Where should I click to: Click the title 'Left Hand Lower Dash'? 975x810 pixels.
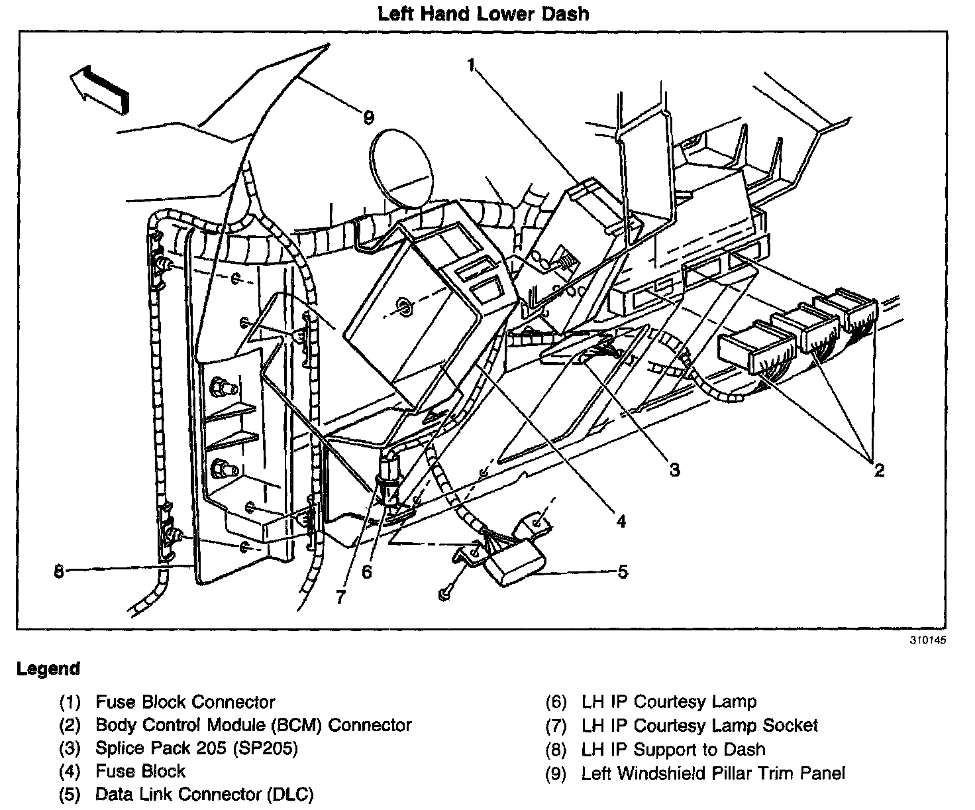pyautogui.click(x=483, y=13)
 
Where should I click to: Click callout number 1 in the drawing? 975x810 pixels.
pyautogui.click(x=472, y=64)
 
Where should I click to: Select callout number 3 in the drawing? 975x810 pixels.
pyautogui.click(x=674, y=470)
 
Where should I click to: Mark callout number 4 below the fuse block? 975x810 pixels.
pyautogui.click(x=621, y=522)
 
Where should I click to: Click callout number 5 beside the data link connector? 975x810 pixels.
pyautogui.click(x=623, y=571)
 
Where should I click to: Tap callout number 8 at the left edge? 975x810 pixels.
pyautogui.click(x=59, y=571)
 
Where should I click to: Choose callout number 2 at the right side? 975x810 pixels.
pyautogui.click(x=879, y=471)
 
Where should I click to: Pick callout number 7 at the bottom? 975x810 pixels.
pyautogui.click(x=340, y=597)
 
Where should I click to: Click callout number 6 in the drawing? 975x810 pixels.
pyautogui.click(x=366, y=571)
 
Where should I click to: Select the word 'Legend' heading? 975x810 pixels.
pyautogui.click(x=48, y=669)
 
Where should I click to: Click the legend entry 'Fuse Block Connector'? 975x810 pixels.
pyautogui.click(x=185, y=702)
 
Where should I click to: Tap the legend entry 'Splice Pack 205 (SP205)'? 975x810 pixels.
pyautogui.click(x=197, y=748)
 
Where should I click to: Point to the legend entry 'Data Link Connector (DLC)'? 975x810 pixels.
pyautogui.click(x=204, y=794)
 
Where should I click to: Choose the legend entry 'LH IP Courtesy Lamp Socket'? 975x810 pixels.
pyautogui.click(x=699, y=726)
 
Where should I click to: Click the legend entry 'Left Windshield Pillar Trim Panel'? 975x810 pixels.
pyautogui.click(x=713, y=773)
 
